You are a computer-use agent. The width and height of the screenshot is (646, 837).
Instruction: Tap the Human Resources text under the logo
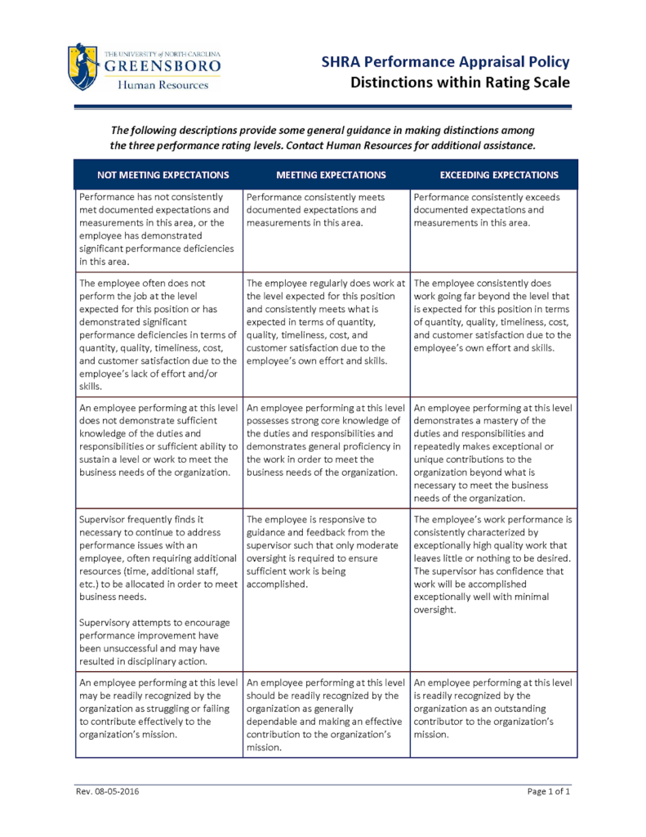coord(162,85)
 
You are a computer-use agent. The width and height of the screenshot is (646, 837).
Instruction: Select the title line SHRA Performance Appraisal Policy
coord(445,62)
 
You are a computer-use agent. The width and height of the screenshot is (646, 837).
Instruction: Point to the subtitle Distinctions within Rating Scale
coord(460,83)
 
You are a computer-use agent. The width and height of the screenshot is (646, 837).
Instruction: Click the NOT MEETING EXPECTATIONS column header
coord(163,175)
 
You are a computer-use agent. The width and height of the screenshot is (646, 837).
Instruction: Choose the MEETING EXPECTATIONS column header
coord(331,175)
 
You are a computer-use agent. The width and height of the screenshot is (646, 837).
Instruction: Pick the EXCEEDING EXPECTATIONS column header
coord(499,175)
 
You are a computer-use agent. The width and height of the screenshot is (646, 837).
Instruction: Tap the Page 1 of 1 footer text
coord(548,792)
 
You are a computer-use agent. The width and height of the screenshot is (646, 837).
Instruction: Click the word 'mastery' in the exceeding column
coord(502,420)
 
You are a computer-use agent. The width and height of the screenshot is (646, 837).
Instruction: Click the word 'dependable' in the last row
coord(278,722)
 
